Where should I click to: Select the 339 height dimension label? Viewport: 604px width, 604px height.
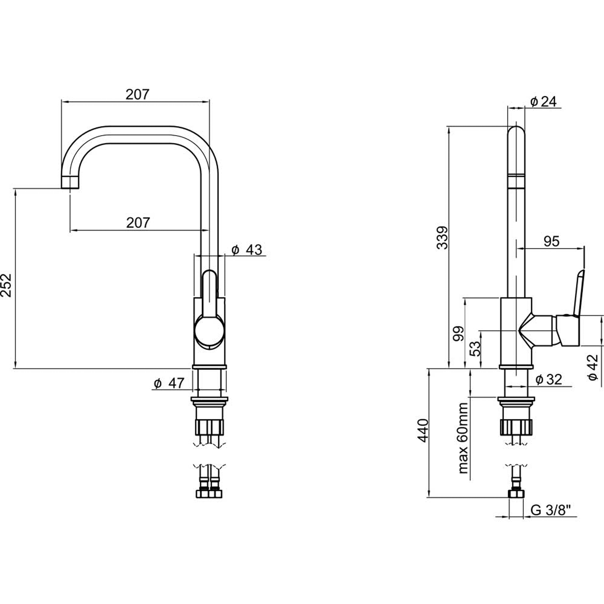(442, 237)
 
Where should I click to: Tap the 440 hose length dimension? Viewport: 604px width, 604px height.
(423, 430)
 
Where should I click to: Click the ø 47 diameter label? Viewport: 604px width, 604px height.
(169, 383)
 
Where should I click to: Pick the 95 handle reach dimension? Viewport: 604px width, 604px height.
(552, 241)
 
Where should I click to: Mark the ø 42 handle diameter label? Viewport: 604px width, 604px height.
(593, 367)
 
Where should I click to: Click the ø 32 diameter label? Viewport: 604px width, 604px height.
(549, 379)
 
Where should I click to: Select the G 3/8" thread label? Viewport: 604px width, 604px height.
(551, 510)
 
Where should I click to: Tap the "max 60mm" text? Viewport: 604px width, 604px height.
(463, 438)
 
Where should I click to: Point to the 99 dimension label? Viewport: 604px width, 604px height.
(458, 333)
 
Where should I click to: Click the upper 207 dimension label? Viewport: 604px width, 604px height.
(138, 94)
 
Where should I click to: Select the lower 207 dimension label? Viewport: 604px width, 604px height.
(138, 223)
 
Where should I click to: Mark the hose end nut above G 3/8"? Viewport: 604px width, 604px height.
(516, 494)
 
